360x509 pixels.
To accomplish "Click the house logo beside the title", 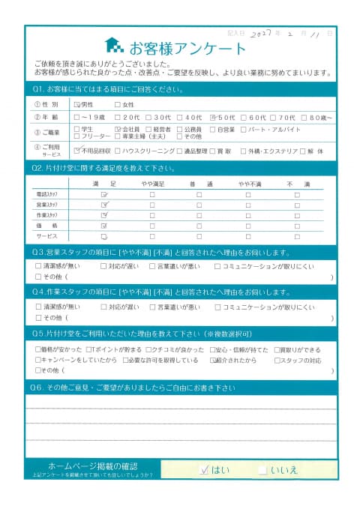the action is click(x=114, y=46).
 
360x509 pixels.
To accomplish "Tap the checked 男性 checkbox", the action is click(x=77, y=105).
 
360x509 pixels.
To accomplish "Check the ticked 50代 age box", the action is click(x=214, y=118).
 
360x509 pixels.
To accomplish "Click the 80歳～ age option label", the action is click(x=319, y=118).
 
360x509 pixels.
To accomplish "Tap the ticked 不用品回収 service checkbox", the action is click(x=77, y=151).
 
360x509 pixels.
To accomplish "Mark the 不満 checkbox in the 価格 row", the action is click(x=297, y=225).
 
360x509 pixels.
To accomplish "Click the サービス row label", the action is click(x=46, y=235).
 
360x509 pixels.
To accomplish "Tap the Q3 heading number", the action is click(x=40, y=253).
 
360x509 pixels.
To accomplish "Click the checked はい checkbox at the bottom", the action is click(x=205, y=470).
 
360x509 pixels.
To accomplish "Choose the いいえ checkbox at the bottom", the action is click(x=262, y=470).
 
